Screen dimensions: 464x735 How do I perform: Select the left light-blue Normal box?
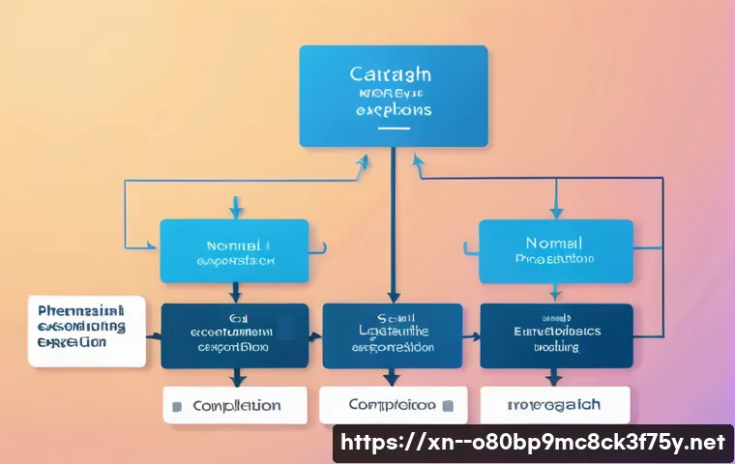click(234, 250)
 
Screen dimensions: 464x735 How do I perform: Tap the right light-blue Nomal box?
click(555, 250)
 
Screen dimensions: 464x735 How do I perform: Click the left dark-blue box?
click(234, 335)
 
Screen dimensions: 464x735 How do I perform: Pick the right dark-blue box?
click(555, 335)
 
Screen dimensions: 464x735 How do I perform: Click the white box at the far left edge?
click(85, 332)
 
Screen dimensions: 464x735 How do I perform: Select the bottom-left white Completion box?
click(234, 406)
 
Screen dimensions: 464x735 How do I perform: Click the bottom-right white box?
click(555, 405)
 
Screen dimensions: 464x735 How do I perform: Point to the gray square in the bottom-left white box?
click(176, 407)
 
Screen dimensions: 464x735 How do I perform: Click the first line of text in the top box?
click(392, 75)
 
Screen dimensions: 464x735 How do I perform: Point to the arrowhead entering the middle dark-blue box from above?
click(393, 297)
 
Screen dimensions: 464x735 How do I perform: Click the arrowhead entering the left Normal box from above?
click(234, 212)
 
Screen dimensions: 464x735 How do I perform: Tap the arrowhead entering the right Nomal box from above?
click(555, 212)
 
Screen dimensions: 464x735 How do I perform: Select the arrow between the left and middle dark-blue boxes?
click(314, 337)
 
